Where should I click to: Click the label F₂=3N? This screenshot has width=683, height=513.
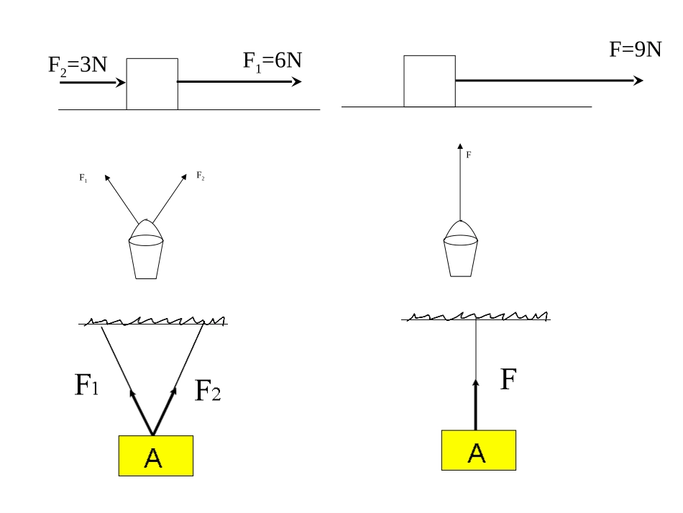tap(78, 66)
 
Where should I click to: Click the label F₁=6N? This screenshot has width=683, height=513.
tap(272, 62)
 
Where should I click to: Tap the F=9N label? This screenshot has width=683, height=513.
tap(636, 49)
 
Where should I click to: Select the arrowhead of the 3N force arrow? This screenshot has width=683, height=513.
tap(121, 82)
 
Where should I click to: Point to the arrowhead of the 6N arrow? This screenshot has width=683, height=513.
tap(297, 81)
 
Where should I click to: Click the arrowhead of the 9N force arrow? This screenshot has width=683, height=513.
tap(638, 81)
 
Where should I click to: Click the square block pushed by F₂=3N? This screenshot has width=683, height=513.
tap(152, 84)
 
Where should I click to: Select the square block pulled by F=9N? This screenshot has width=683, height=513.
tap(429, 81)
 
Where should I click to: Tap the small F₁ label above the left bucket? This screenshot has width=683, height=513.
tap(83, 178)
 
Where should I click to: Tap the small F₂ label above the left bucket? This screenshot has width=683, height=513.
tap(201, 176)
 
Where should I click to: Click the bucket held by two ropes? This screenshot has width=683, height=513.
tap(146, 250)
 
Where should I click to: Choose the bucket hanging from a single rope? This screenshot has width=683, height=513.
tap(460, 248)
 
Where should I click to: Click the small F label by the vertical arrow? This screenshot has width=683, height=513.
tap(469, 155)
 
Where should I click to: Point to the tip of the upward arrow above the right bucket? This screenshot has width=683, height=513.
tap(460, 143)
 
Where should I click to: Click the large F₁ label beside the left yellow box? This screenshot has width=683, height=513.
tap(87, 385)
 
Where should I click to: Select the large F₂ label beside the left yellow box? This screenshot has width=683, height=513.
tap(208, 390)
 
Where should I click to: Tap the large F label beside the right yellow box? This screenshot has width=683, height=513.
tap(508, 378)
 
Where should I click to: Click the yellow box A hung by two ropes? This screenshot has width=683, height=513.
tap(156, 455)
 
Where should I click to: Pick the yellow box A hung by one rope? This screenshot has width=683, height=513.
tap(479, 450)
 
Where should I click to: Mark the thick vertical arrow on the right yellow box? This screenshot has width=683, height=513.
tap(476, 405)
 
